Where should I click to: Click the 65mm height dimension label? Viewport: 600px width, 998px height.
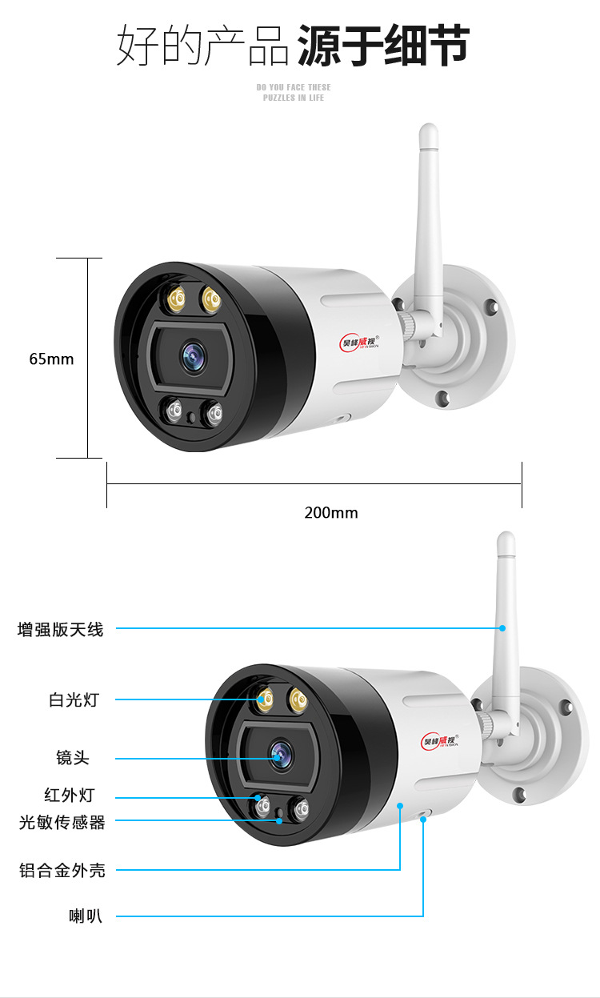(x=51, y=359)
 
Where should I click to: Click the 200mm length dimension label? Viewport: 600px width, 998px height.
(x=330, y=512)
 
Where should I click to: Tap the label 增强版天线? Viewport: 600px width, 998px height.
(x=61, y=630)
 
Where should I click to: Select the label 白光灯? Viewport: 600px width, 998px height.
(x=74, y=699)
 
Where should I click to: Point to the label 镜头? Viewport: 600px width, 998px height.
(x=73, y=758)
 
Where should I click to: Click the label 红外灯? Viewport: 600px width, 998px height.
(x=69, y=796)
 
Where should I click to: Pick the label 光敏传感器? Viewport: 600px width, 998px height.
(x=62, y=822)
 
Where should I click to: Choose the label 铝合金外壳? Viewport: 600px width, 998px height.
(x=62, y=870)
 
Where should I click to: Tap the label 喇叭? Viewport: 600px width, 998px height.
(x=85, y=916)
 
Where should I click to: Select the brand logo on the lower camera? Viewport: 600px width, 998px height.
(x=439, y=740)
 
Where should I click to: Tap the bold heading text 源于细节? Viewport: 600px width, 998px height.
(x=383, y=45)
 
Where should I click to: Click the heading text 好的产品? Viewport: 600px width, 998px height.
(x=203, y=45)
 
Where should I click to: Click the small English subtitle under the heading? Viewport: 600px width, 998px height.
(x=294, y=92)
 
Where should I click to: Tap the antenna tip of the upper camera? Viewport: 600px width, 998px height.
(x=429, y=132)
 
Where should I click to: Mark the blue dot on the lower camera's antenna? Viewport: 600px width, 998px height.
(x=503, y=628)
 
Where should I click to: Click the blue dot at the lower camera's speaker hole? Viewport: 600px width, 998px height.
(x=423, y=819)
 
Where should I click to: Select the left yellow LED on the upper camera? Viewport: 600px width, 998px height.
(x=174, y=301)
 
